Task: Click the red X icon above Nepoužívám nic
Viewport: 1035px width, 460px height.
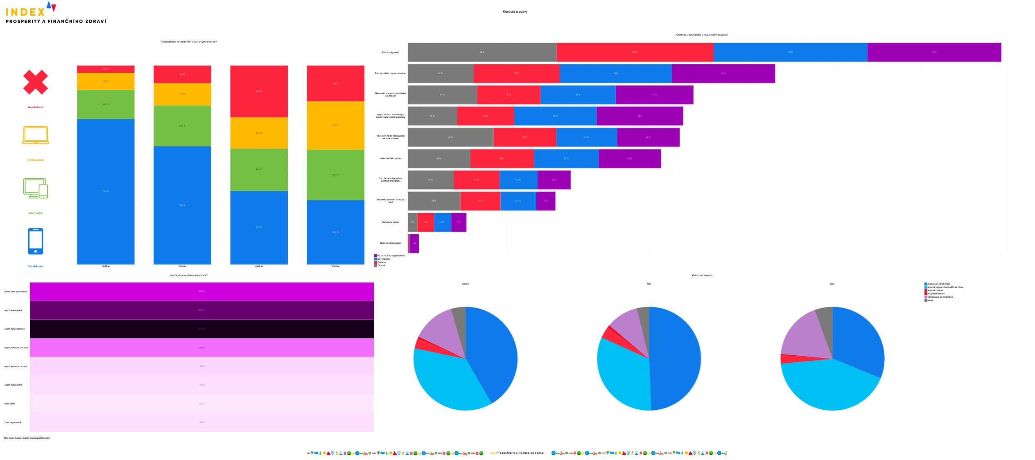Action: pyautogui.click(x=36, y=82)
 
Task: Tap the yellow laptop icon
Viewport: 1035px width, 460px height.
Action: pyautogui.click(x=36, y=135)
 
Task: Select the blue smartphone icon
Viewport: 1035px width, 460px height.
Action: pyautogui.click(x=36, y=241)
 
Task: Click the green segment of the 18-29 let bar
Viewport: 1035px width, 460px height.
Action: pyautogui.click(x=106, y=104)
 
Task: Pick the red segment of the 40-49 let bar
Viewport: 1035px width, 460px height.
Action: pyautogui.click(x=259, y=91)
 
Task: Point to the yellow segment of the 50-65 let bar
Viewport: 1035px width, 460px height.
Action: pyautogui.click(x=335, y=125)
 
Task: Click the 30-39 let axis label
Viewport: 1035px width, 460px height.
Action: pyautogui.click(x=182, y=266)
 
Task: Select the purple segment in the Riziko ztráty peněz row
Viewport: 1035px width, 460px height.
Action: pyautogui.click(x=934, y=52)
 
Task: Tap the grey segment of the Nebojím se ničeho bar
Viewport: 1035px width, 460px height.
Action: pyautogui.click(x=412, y=222)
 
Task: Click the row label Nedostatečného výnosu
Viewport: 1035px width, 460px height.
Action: pyautogui.click(x=390, y=158)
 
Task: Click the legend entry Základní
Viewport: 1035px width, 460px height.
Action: pyautogui.click(x=381, y=266)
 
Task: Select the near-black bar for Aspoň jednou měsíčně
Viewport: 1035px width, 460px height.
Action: pyautogui.click(x=201, y=329)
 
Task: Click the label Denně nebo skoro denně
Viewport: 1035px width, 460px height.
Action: pyautogui.click(x=16, y=292)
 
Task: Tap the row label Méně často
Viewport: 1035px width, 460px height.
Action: pyautogui.click(x=9, y=404)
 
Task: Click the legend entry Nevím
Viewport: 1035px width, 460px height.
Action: pyautogui.click(x=930, y=301)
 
